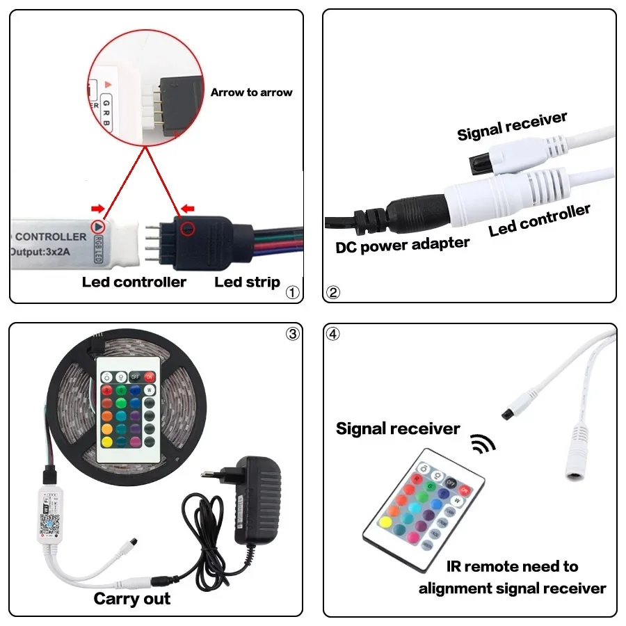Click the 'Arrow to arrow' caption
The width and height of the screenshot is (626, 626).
(251, 93)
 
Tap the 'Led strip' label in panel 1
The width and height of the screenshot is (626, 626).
(247, 282)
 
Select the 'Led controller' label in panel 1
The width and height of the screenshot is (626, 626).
(134, 282)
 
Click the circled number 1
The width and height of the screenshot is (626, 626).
(292, 292)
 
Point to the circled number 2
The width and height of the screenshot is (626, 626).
(334, 292)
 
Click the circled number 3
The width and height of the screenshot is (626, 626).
(292, 334)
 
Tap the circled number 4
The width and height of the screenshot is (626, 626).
(334, 334)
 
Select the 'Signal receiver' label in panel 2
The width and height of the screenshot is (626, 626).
(512, 126)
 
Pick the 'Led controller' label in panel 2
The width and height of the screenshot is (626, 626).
(540, 220)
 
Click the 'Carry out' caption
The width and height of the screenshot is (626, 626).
(132, 598)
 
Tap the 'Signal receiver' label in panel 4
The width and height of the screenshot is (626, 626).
(398, 428)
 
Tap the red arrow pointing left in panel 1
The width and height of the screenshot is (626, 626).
(187, 209)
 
